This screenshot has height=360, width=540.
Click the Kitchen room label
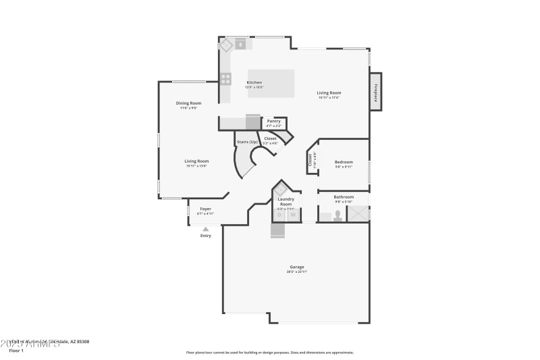254,82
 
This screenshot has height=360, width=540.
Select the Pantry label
273,121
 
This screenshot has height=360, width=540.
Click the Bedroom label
344,162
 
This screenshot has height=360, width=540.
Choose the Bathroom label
344,197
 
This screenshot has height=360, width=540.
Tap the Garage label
297,267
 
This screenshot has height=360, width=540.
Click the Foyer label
205,209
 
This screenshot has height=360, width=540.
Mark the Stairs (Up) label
247,142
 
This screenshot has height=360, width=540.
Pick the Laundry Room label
286,201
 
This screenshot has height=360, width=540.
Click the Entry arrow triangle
206,229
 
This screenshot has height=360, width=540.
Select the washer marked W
293,215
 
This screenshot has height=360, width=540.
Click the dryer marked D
280,215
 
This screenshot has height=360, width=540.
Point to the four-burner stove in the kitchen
225,78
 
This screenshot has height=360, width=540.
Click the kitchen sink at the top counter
241,45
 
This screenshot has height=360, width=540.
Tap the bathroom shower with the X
358,213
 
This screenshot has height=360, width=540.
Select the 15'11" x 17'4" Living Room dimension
329,98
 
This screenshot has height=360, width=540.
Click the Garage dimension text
297,272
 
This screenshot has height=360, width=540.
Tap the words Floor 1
16,351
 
